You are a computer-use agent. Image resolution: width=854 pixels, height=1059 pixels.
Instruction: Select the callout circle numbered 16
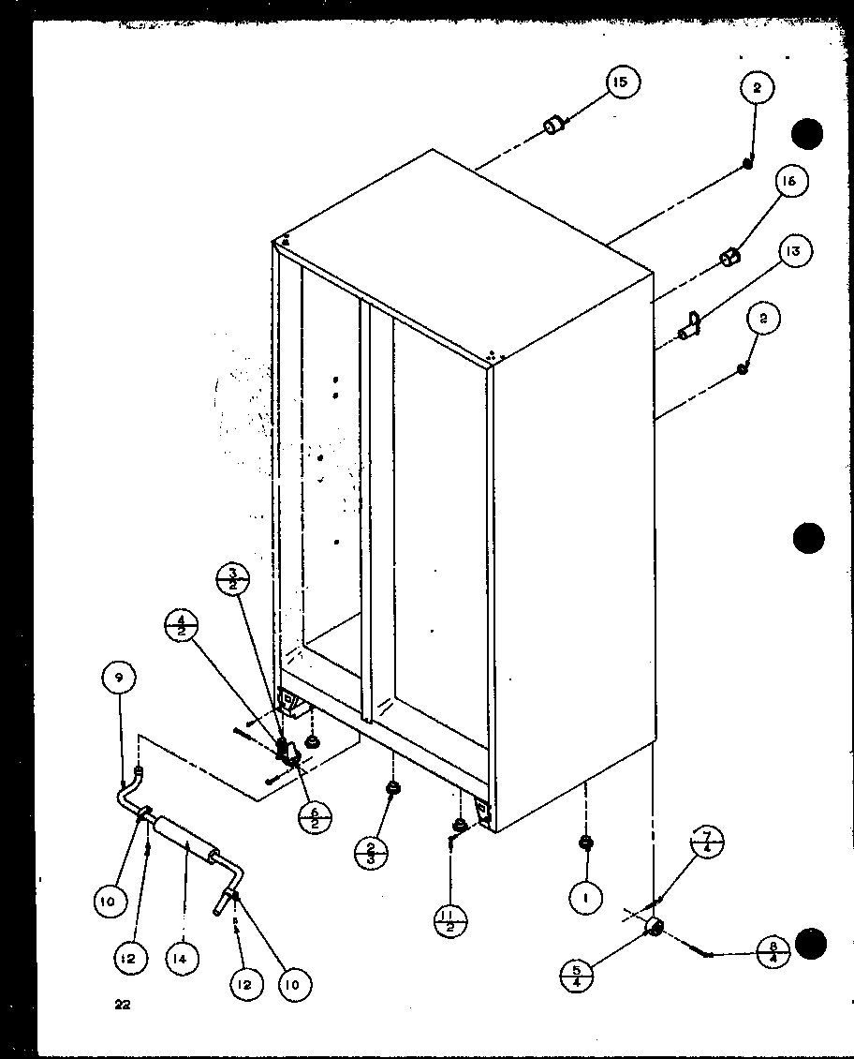tap(788, 182)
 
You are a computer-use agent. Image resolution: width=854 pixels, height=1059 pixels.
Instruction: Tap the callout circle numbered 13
tap(792, 251)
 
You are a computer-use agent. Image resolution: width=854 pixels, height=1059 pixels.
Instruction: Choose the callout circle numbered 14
tap(182, 958)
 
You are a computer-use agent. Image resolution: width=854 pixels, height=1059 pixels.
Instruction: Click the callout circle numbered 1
tap(586, 899)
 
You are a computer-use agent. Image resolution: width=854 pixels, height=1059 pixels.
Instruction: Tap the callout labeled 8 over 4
tap(773, 952)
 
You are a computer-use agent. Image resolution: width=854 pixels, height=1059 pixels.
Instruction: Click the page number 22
tap(122, 1006)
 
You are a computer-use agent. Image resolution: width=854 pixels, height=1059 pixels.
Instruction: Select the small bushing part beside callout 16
tap(729, 256)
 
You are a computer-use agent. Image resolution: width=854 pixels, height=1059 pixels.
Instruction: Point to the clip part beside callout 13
tap(690, 325)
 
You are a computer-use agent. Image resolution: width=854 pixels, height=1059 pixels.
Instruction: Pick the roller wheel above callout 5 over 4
tap(654, 927)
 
